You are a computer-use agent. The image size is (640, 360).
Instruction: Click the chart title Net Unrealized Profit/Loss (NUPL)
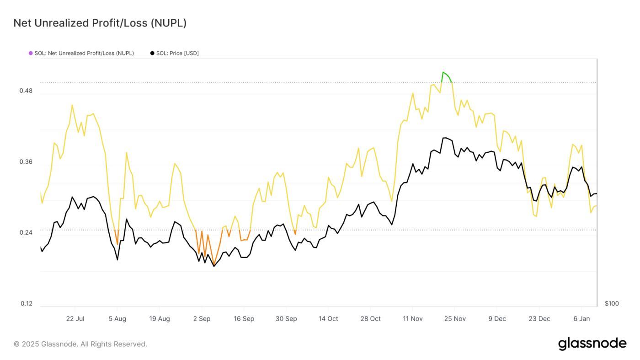pos(100,23)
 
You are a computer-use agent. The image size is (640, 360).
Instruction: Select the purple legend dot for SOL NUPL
pos(31,53)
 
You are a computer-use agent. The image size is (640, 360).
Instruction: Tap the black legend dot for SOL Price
pos(152,53)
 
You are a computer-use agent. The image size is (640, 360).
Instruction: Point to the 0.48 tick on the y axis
pos(26,91)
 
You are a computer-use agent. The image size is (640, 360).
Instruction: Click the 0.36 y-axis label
pos(26,162)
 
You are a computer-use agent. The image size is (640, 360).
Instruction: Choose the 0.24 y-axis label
pos(26,232)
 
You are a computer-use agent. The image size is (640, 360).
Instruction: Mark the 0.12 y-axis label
pos(26,304)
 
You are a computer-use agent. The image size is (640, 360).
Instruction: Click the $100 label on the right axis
pos(612,304)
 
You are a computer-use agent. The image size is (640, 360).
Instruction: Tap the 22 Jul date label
pos(75,319)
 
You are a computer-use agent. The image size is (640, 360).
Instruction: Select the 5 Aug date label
pos(117,319)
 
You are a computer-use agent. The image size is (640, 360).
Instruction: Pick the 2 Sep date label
pos(202,319)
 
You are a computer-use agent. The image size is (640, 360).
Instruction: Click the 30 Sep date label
pos(286,319)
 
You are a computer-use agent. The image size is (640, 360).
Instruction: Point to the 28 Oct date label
pos(370,319)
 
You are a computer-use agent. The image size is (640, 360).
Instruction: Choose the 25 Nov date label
pos(455,319)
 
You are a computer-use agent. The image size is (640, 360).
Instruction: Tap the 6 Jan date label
pos(581,319)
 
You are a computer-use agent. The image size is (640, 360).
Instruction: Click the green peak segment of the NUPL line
pos(445,74)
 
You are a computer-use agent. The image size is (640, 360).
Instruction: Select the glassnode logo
pos(592,344)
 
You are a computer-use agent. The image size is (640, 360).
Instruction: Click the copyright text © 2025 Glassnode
pos(80,344)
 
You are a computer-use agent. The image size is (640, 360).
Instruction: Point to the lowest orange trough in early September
pos(213,265)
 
